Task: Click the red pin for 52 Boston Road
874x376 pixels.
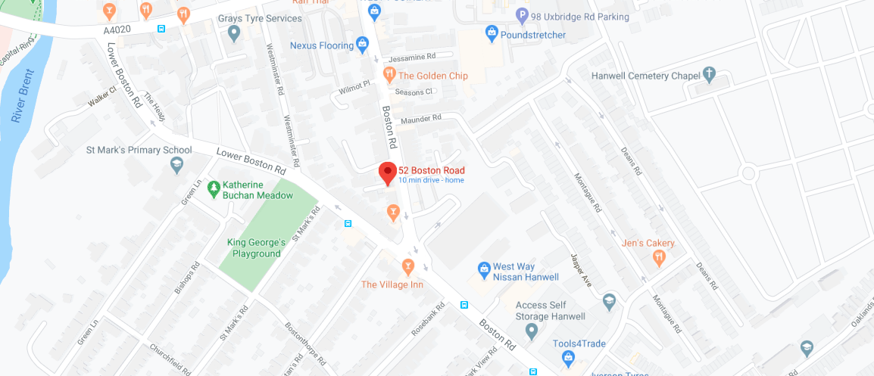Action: [388, 172]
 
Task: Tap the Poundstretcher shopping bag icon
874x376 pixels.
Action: [492, 34]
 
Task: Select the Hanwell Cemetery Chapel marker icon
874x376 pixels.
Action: [709, 75]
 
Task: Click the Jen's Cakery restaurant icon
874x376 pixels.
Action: [659, 257]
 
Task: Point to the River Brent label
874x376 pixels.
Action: [20, 103]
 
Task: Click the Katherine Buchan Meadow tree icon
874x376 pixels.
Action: [214, 187]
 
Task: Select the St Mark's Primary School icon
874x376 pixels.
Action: [176, 163]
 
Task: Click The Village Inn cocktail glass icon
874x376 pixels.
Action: [408, 266]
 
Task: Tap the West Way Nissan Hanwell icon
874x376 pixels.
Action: [484, 269]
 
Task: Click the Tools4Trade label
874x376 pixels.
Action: [579, 344]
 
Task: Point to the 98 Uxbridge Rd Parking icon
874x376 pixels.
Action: [522, 15]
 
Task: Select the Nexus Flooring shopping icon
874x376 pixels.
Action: [363, 45]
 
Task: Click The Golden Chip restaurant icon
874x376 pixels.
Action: [389, 74]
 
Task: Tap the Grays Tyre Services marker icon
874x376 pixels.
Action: [234, 32]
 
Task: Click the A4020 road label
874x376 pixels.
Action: [118, 30]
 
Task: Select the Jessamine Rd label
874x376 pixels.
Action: [411, 57]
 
